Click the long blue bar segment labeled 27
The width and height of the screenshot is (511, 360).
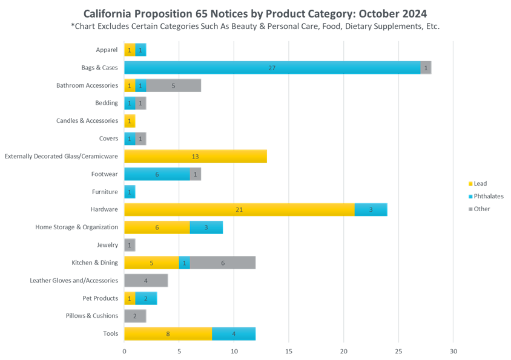click(x=272, y=68)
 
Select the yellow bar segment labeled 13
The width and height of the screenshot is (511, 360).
click(x=196, y=157)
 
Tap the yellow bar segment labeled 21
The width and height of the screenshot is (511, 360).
click(x=239, y=210)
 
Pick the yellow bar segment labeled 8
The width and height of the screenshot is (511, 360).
click(x=168, y=333)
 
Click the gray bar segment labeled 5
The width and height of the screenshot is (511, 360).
click(x=174, y=86)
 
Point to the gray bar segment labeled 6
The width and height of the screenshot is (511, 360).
click(x=223, y=263)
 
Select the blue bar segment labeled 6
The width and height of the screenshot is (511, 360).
click(x=157, y=174)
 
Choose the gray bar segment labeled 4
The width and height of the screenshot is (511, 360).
click(x=146, y=281)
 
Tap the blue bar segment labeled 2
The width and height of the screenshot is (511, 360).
click(x=146, y=299)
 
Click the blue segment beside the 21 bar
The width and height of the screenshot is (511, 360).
click(x=371, y=210)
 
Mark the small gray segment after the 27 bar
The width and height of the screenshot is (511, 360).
click(x=426, y=68)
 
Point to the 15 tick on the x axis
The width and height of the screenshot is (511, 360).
click(x=289, y=351)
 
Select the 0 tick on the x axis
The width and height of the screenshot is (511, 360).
click(x=124, y=351)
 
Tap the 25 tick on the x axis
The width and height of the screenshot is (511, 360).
click(x=398, y=351)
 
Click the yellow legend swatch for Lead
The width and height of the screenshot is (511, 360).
click(x=470, y=185)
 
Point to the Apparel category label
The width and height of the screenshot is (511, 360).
click(x=107, y=51)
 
